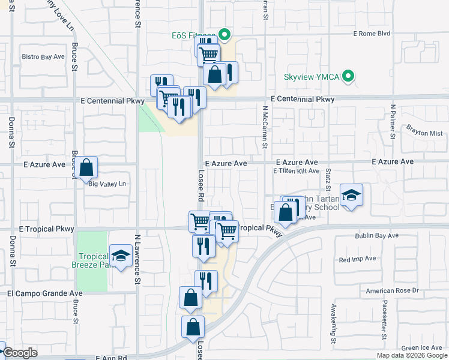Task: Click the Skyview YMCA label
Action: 312,77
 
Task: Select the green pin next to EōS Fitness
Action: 225,35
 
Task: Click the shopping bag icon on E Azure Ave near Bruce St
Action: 86,167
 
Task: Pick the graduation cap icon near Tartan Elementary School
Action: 351,194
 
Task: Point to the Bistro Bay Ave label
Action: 43,56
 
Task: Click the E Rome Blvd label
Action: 372,34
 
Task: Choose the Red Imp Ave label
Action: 357,259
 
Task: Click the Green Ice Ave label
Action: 422,347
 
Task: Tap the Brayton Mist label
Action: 424,133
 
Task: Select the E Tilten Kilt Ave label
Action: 296,171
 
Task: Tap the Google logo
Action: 19,353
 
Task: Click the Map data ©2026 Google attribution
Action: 411,355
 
